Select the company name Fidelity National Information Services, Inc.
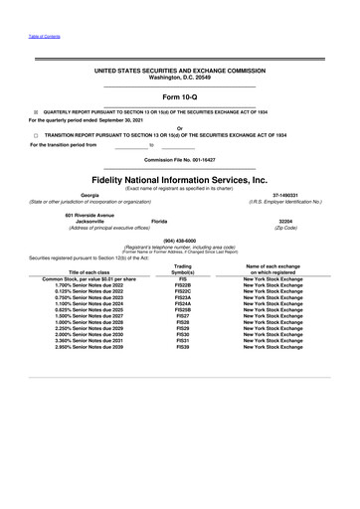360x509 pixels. pyautogui.click(x=180, y=180)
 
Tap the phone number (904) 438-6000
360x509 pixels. pyautogui.click(x=180, y=239)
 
